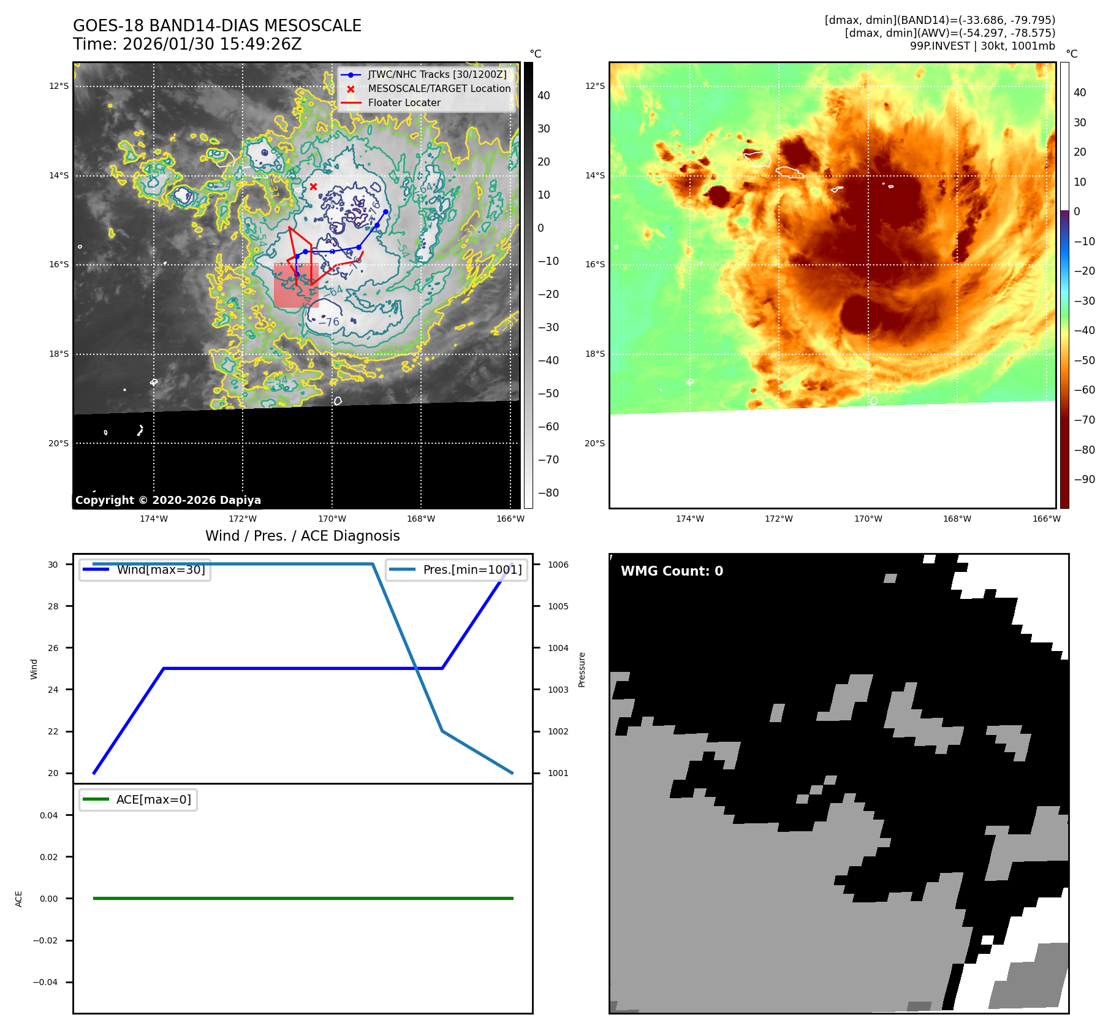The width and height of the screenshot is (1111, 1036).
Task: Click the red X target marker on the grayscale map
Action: click(313, 186)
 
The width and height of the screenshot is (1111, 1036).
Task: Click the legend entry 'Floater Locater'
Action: click(404, 103)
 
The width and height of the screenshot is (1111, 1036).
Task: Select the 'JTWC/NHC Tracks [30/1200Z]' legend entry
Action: click(437, 75)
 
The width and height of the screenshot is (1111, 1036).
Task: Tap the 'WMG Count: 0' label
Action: click(672, 571)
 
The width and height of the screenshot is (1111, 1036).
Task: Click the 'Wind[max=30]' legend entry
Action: click(161, 570)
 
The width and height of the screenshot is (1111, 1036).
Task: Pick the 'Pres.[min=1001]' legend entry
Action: click(472, 570)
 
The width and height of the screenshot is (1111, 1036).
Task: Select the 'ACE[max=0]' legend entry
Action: click(153, 800)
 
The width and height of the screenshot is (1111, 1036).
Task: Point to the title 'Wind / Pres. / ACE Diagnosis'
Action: click(302, 536)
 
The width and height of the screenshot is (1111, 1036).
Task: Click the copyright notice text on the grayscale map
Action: click(168, 500)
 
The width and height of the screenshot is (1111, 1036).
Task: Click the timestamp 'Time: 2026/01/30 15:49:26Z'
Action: click(187, 45)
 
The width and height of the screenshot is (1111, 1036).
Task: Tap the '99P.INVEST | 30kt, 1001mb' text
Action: click(982, 46)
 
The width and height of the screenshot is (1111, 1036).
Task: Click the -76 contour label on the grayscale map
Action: click(330, 322)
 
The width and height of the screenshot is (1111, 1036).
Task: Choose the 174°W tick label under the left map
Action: click(153, 519)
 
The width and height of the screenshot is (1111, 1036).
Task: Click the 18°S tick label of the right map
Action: click(594, 354)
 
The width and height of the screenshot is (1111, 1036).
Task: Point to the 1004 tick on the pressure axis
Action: click(558, 648)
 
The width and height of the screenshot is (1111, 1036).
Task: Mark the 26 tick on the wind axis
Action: click(53, 648)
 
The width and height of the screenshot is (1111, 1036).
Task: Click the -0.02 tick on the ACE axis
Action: click(45, 941)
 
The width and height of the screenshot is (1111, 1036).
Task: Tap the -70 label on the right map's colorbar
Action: click(1083, 420)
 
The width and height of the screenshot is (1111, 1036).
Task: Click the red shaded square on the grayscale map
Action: click(295, 286)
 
